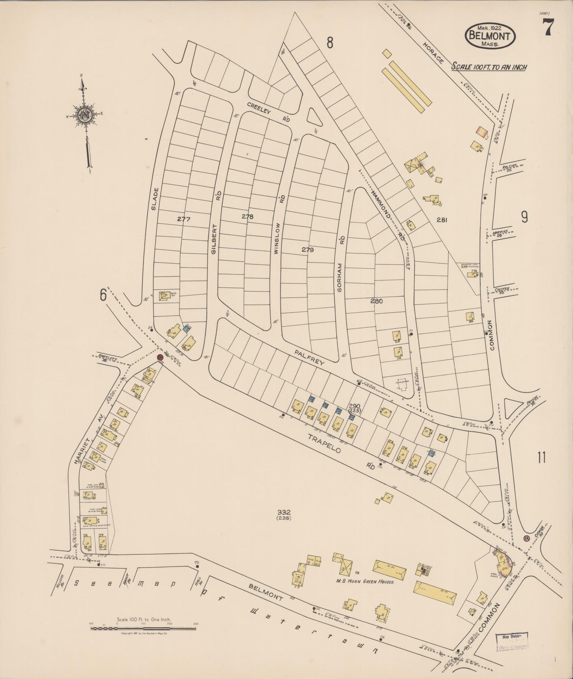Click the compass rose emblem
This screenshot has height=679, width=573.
[85, 115]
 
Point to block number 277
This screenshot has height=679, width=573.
[184, 219]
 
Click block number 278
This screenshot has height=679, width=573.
[247, 217]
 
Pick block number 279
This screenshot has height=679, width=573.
[307, 250]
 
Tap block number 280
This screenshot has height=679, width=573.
[376, 301]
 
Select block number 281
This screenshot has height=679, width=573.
[441, 220]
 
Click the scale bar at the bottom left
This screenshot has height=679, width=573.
[144, 638]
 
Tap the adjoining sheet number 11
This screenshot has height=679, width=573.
[542, 458]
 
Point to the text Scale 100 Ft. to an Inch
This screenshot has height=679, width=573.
[489, 67]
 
